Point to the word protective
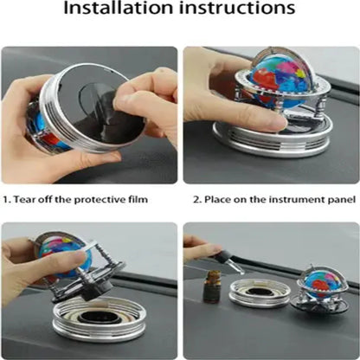pyautogui.click(x=102, y=199)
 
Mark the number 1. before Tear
pyautogui.click(x=8, y=199)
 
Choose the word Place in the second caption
pyautogui.click(x=219, y=199)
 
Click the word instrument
pyautogui.click(x=296, y=199)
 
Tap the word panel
pyautogui.click(x=341, y=199)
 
